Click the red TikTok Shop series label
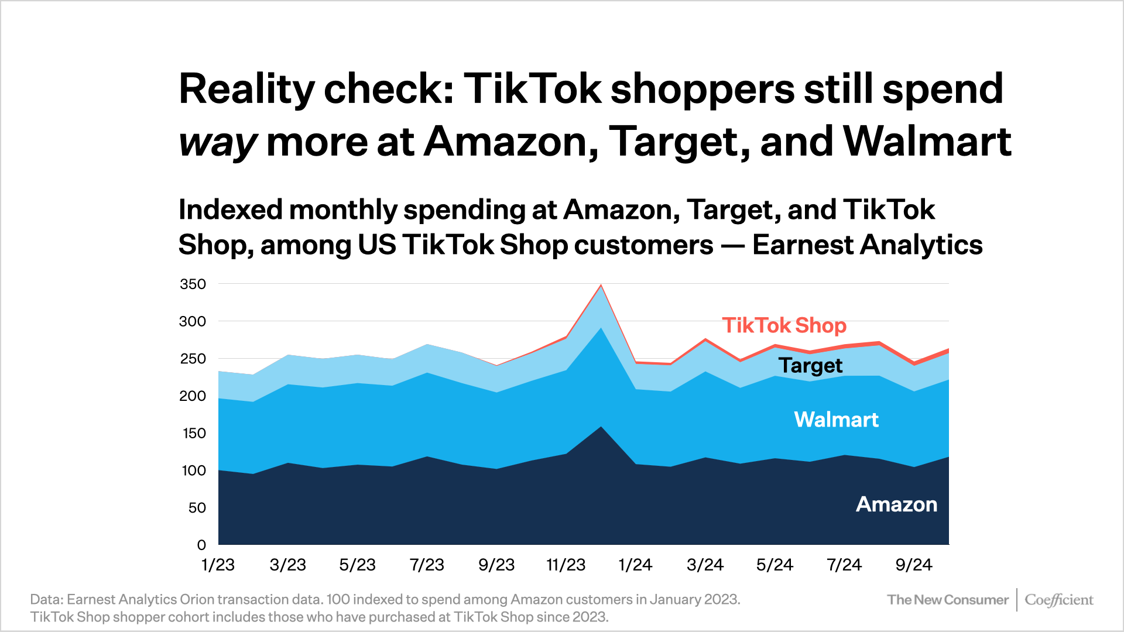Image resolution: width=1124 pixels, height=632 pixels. tap(784, 325)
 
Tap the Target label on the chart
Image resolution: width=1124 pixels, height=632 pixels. tap(810, 365)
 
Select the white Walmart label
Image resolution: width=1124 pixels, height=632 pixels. tap(836, 420)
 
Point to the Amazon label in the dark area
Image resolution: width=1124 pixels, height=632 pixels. tap(896, 504)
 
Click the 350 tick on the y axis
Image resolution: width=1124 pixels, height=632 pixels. tap(193, 284)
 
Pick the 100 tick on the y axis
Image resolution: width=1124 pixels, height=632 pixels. tap(194, 470)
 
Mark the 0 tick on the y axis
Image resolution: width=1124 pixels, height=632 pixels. tap(201, 545)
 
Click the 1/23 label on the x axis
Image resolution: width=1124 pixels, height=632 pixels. tap(218, 565)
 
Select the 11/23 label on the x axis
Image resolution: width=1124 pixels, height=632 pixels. tap(566, 565)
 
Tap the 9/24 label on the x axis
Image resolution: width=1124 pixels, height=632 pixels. tap(913, 565)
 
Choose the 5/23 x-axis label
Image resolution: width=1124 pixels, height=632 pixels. tap(357, 565)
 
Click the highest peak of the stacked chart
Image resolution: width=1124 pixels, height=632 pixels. tap(601, 286)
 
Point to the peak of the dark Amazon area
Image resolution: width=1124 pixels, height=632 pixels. tap(601, 427)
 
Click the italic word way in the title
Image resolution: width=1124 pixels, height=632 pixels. tap(217, 143)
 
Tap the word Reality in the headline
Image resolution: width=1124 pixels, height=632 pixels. tap(246, 90)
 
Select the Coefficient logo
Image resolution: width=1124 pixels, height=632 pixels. tap(1058, 600)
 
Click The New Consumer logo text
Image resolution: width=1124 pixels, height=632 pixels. tap(947, 600)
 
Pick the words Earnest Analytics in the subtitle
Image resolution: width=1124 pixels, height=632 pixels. tap(867, 245)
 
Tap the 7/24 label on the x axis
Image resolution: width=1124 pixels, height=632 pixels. tap(844, 565)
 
